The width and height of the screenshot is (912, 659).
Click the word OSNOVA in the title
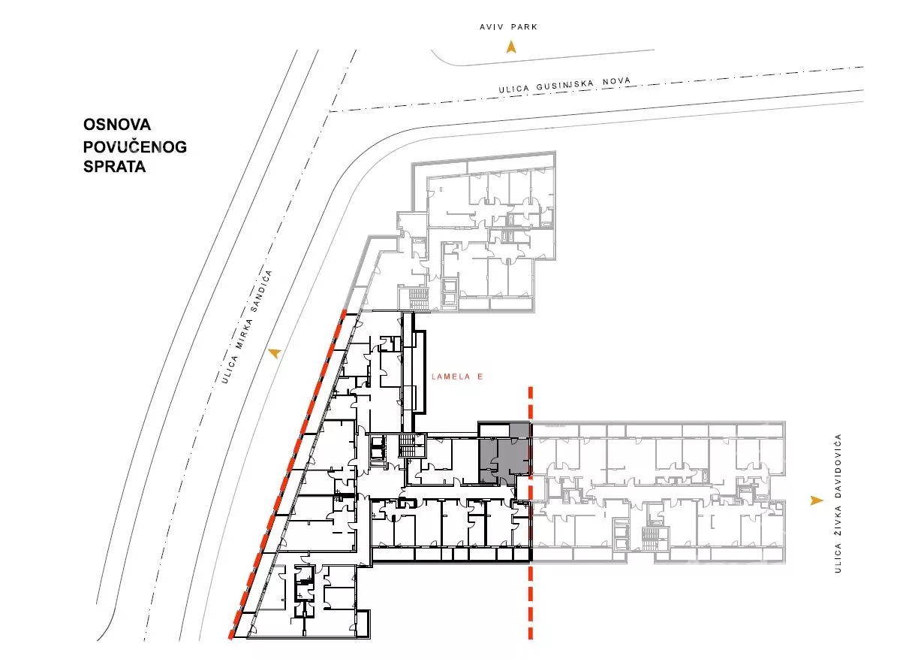pos(117,124)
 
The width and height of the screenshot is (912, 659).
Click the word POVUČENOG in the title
pos(135,147)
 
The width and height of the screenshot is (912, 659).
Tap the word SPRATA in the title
pos(114,167)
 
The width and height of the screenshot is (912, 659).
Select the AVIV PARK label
pos(508,27)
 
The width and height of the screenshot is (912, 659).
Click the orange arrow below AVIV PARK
pos(511,47)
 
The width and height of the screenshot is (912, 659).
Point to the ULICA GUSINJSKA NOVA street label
pos(564,85)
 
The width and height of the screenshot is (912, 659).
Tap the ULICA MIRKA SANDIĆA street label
pos(247,326)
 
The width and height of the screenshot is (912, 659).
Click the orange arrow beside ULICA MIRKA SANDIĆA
pos(275,353)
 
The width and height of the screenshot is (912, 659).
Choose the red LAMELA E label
pos(457,376)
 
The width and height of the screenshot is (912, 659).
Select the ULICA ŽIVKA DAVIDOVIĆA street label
pos(838,503)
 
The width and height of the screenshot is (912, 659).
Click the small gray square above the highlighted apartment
pos(519,430)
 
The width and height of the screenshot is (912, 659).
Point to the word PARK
pos(525,27)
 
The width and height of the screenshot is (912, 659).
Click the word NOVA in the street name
pos(616,81)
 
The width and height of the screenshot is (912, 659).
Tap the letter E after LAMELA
pos(480,376)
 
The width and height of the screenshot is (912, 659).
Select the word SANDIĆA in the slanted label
pos(261,291)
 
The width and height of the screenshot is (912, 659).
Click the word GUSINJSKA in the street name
pos(565,85)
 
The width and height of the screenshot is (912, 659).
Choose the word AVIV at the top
pos(492,27)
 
